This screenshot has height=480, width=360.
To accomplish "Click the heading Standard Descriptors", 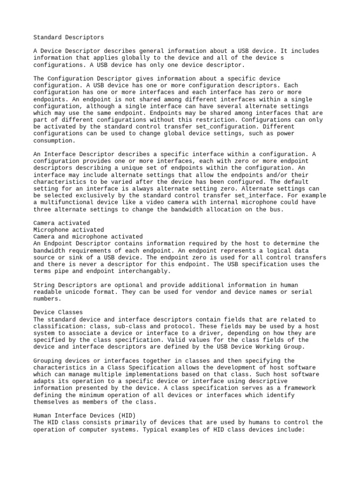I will coord(68,37).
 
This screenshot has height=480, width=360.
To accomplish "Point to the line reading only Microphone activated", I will coord(68,230).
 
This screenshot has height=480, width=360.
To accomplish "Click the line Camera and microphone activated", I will coord(88,237).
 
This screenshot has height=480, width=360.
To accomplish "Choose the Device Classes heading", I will coord(58,312).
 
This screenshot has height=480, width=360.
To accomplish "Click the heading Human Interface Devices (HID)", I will coord(82,415).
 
